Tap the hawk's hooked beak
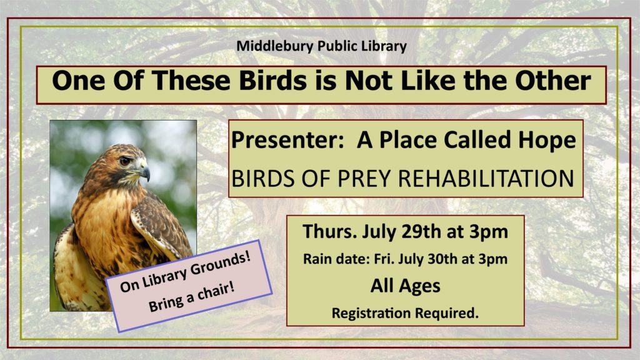pos(145,171)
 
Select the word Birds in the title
pos(272,81)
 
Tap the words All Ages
pos(405,286)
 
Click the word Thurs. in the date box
pos(329,231)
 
